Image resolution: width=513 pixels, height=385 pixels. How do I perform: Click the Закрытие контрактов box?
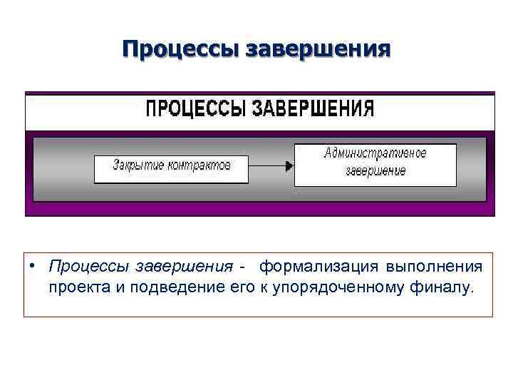(x=172, y=169)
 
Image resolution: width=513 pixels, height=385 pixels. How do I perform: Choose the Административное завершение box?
(x=375, y=165)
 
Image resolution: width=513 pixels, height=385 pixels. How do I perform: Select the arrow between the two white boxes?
(x=271, y=165)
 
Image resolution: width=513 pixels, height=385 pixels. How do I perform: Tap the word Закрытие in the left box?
(x=138, y=165)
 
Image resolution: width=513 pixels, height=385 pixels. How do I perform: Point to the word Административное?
(x=375, y=153)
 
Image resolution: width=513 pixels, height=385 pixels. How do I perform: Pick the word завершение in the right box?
(x=375, y=171)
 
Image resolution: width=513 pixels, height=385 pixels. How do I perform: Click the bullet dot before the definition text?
(x=33, y=266)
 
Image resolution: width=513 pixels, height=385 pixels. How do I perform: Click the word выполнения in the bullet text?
(x=435, y=267)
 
